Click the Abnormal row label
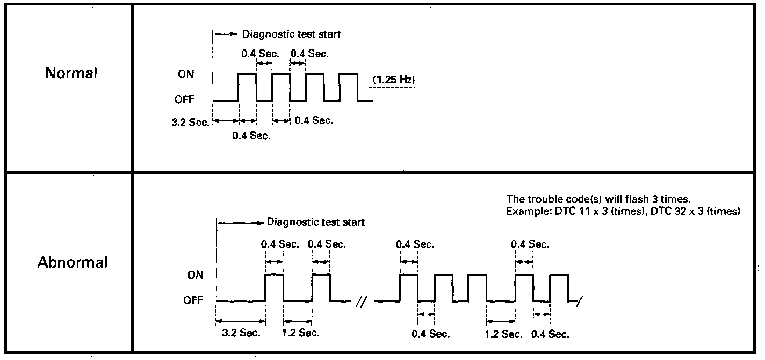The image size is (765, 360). pyautogui.click(x=73, y=263)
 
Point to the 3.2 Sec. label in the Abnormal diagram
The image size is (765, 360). pyautogui.click(x=241, y=333)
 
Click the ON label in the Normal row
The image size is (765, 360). pyautogui.click(x=186, y=75)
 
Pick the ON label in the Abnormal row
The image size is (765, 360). pyautogui.click(x=196, y=275)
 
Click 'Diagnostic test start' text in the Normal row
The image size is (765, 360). pyautogui.click(x=291, y=34)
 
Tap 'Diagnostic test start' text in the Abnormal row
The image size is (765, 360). pyautogui.click(x=316, y=222)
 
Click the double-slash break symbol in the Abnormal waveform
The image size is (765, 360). pyautogui.click(x=360, y=304)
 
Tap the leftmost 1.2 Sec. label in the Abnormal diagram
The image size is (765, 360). pyautogui.click(x=301, y=333)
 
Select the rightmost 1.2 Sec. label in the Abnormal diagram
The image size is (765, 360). pyautogui.click(x=503, y=334)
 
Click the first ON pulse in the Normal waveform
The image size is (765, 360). pyautogui.click(x=247, y=86)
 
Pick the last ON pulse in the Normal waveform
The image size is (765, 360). pyautogui.click(x=348, y=86)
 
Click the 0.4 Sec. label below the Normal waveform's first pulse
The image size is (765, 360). pyautogui.click(x=251, y=135)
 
